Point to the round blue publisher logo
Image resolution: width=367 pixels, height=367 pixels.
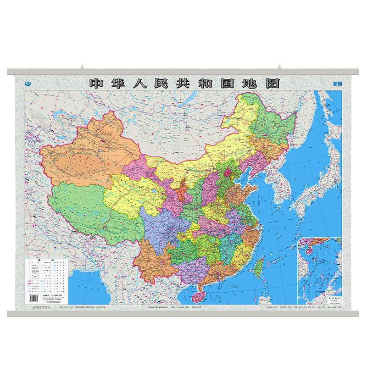29,83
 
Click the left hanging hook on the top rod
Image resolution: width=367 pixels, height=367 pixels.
83,67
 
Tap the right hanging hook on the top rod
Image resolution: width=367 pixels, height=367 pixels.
279,67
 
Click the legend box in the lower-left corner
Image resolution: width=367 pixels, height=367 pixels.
47,280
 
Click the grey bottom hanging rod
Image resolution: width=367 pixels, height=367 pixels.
183,314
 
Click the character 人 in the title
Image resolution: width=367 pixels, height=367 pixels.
140,83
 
